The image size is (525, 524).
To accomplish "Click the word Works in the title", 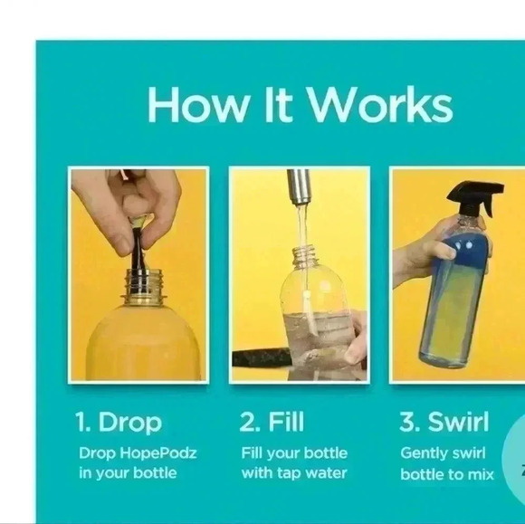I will pyautogui.click(x=380, y=105).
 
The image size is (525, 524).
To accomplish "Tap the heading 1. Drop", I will pyautogui.click(x=119, y=423).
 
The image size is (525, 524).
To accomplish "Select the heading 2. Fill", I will pyautogui.click(x=272, y=423).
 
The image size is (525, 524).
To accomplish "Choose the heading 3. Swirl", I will pyautogui.click(x=444, y=423).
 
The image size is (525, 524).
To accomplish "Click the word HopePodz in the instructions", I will pyautogui.click(x=165, y=453).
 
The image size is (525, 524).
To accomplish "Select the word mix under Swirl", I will pyautogui.click(x=480, y=473).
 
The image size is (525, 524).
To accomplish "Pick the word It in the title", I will pyautogui.click(x=275, y=105).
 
